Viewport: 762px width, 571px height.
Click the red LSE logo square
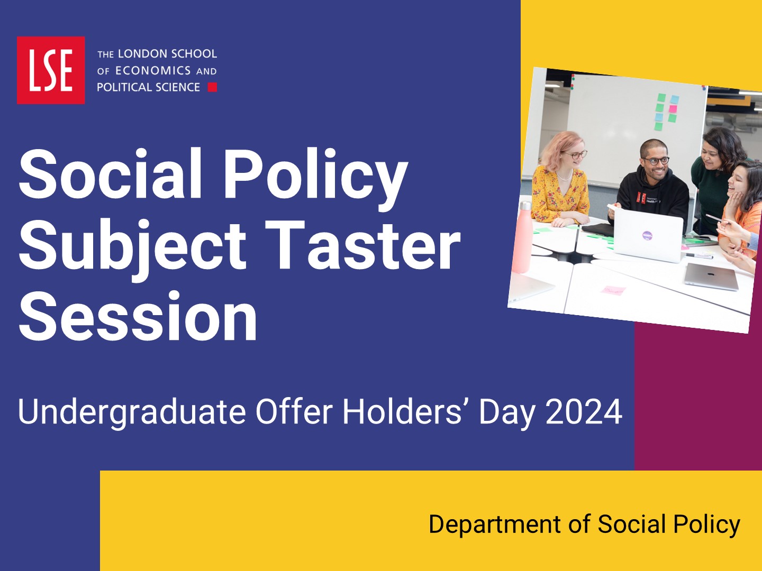[51, 70]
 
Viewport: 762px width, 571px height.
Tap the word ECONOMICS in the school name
[153, 71]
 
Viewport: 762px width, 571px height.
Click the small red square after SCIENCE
[212, 87]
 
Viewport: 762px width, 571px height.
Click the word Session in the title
[138, 316]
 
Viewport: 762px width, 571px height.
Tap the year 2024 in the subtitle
[584, 412]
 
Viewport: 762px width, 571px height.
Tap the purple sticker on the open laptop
[647, 235]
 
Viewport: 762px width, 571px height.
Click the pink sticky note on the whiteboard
[673, 108]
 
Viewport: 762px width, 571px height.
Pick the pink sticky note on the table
[613, 290]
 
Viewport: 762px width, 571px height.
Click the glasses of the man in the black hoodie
[656, 161]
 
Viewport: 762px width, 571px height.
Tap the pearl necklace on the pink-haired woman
[565, 175]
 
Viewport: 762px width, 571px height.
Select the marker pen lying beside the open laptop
[700, 256]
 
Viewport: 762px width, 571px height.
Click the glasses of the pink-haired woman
[575, 153]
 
